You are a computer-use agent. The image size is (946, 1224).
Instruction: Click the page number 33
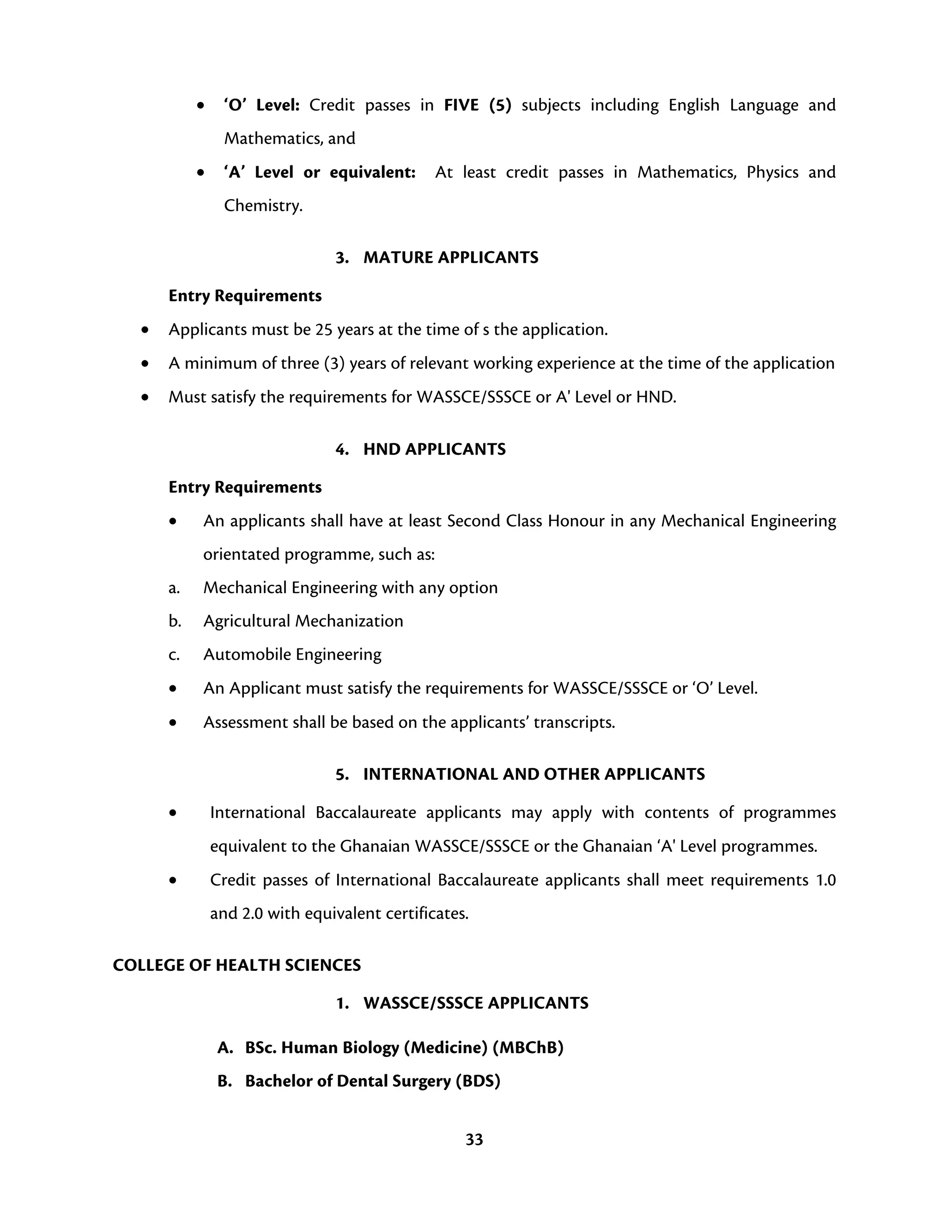coord(474,1139)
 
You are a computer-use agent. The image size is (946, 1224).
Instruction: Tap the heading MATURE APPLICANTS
coord(450,257)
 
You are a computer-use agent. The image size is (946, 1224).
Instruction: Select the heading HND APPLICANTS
coord(434,449)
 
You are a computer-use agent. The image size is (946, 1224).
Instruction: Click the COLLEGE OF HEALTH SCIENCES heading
coord(236,965)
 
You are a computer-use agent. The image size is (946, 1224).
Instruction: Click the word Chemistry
coord(262,206)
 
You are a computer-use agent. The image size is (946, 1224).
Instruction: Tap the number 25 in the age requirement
coord(324,329)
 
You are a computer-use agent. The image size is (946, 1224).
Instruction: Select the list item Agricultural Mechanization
coord(303,621)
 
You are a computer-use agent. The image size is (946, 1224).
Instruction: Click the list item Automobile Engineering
coord(292,654)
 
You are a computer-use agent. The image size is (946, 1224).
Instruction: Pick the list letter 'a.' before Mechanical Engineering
coord(174,588)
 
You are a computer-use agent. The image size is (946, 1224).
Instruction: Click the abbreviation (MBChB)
coord(528,1047)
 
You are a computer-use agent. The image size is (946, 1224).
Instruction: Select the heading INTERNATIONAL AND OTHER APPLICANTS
coord(534,774)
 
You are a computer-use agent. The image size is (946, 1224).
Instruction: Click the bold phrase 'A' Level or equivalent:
coord(320,172)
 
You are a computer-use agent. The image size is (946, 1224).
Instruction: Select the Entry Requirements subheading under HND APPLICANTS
coord(245,487)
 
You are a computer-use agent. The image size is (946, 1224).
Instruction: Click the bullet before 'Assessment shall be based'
coord(173,723)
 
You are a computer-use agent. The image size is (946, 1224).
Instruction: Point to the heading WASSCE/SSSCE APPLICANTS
coord(476,1003)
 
